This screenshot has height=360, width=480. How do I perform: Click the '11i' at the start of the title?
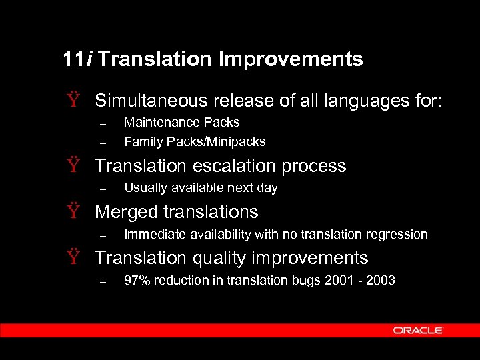[79, 59]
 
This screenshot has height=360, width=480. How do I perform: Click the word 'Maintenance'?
[159, 123]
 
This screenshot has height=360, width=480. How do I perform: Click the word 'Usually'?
[144, 188]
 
